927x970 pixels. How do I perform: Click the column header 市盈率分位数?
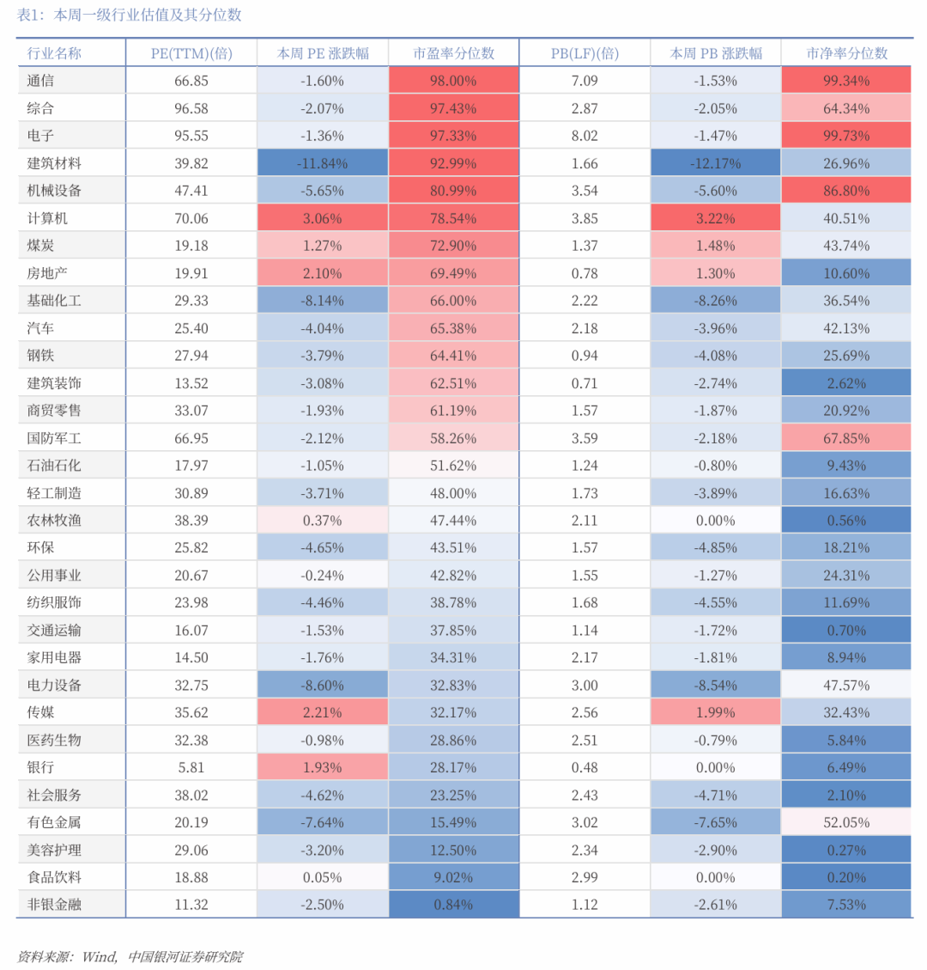453,53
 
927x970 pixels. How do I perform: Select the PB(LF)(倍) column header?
585,53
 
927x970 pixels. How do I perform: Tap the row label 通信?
40,81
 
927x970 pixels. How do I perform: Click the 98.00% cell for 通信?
453,81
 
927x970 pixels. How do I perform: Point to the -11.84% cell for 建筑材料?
323,163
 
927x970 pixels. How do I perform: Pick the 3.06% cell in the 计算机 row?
323,218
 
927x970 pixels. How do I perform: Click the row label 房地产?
47,273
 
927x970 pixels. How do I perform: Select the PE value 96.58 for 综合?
191,108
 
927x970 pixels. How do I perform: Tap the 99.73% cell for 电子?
846,136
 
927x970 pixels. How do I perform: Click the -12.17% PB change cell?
716,163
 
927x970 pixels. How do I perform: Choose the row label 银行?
40,767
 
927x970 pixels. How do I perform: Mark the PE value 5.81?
191,767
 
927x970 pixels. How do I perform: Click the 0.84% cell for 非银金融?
453,905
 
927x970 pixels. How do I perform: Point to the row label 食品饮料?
54,877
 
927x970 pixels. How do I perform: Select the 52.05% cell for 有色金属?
846,822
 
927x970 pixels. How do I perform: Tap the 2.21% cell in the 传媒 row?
323,712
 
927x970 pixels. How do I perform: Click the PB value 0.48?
585,767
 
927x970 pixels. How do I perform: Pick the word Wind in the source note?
99,956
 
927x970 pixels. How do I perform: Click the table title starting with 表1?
129,15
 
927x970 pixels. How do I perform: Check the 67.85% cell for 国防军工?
846,438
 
